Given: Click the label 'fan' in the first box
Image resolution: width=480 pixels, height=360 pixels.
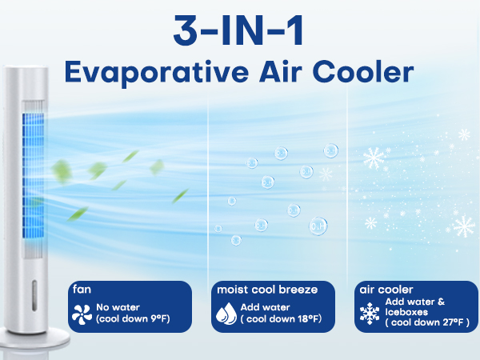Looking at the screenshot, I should [x=80, y=290].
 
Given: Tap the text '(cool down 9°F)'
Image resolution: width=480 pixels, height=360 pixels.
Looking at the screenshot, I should [x=133, y=320].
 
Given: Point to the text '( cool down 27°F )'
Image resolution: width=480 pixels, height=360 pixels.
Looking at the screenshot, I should [x=426, y=322].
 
